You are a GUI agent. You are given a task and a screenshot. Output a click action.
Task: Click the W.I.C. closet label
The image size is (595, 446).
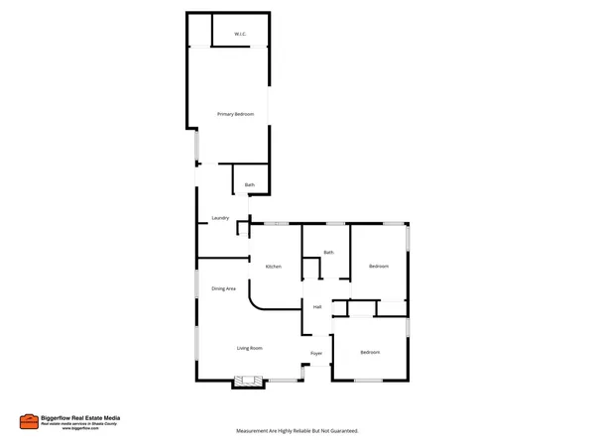click(x=240, y=36)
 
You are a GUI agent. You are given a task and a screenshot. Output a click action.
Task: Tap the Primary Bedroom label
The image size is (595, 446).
click(x=236, y=115)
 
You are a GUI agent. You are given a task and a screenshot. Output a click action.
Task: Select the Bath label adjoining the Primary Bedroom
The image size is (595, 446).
click(x=250, y=185)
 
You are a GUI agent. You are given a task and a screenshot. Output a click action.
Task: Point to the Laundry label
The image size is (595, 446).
click(x=220, y=218)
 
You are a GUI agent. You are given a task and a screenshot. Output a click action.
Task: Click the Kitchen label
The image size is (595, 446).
click(x=273, y=267)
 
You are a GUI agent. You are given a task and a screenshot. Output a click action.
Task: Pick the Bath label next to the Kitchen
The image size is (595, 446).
click(x=328, y=253)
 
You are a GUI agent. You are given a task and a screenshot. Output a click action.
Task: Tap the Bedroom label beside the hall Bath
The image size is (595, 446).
click(x=379, y=267)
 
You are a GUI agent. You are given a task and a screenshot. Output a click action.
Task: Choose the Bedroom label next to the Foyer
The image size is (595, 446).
click(x=370, y=353)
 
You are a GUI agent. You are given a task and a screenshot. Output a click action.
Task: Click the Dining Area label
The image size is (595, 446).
click(x=223, y=289)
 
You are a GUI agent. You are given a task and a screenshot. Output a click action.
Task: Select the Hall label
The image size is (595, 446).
click(x=317, y=307)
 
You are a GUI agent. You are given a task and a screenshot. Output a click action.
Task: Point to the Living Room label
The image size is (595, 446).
click(x=249, y=348)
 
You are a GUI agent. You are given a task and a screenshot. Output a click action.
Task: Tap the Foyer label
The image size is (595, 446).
click(x=316, y=354)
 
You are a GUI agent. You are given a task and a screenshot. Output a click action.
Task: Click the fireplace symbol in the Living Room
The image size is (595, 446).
click(x=247, y=379)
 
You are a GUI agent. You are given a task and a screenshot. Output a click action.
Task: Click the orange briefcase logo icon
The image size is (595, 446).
click(x=29, y=421)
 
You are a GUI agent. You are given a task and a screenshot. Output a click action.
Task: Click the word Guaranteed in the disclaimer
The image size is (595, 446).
click(x=340, y=432)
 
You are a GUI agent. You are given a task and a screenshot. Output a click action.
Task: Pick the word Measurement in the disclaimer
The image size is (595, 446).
click(x=253, y=432)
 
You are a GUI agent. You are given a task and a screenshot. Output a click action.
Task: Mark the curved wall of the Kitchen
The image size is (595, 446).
click(x=255, y=301)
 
